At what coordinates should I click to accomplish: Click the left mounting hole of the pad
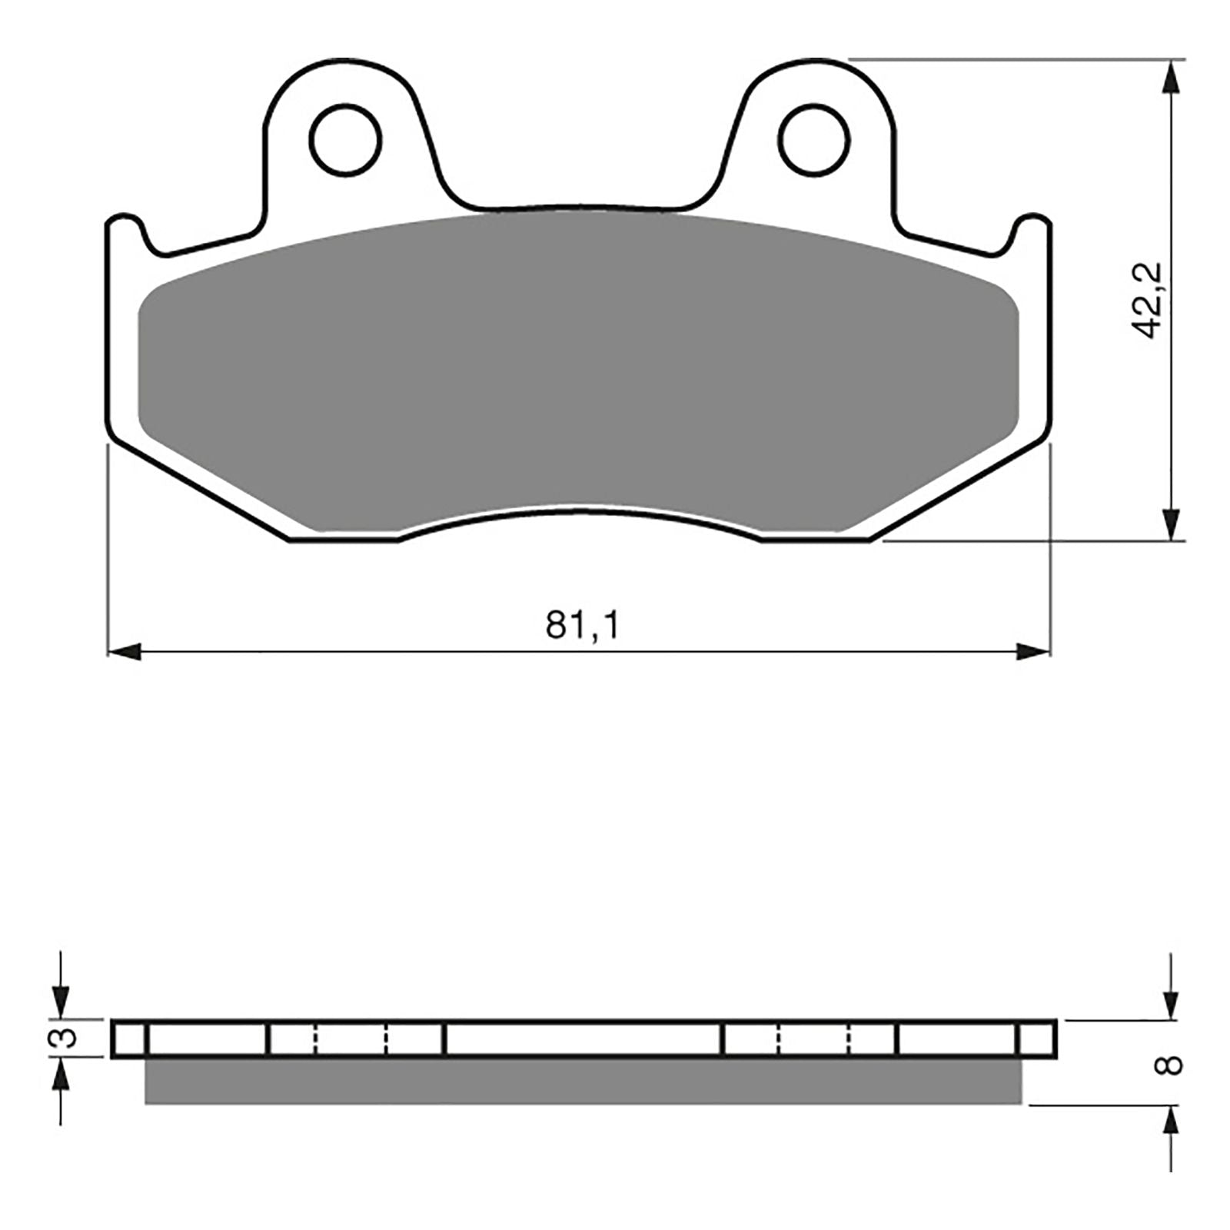point(345,139)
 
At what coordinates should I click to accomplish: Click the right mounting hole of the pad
point(813,139)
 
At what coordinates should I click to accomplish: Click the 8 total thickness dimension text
point(1173,1065)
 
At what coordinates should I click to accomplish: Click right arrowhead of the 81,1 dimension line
point(1033,653)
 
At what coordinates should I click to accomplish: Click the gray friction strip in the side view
point(583,1081)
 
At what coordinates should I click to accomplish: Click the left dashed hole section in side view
point(351,1039)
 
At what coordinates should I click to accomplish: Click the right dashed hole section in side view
point(815,1039)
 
